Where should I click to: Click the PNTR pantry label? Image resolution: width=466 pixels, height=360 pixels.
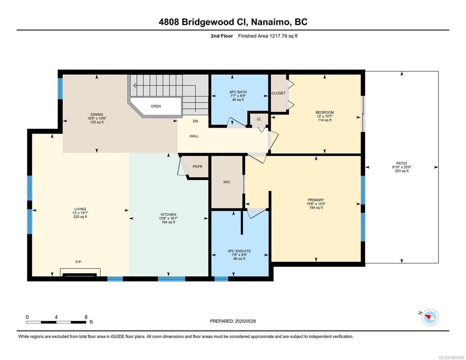tap(197, 166)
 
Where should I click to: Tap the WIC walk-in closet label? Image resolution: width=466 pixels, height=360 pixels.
tap(227, 182)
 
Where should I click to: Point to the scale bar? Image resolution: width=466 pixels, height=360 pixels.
tap(56, 322)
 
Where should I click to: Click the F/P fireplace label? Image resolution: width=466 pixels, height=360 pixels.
tap(78, 262)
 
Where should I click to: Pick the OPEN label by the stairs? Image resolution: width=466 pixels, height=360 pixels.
tap(156, 106)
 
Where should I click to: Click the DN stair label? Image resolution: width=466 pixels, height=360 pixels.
tap(195, 121)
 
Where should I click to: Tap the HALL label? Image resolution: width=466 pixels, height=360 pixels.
tap(194, 136)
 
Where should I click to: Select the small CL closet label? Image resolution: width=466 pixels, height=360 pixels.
tap(259, 119)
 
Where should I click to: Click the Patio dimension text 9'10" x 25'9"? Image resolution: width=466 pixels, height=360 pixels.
tap(402, 167)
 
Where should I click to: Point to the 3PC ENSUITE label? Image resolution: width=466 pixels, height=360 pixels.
tap(239, 251)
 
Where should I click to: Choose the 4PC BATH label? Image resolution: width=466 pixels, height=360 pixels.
tap(238, 92)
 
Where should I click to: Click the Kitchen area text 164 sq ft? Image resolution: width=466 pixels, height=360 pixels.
tap(168, 222)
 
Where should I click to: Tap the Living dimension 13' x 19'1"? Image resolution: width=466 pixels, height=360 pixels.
tap(80, 213)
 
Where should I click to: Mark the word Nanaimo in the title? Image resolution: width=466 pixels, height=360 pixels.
tap(270, 22)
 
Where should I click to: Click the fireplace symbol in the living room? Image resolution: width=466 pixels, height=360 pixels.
tap(80, 272)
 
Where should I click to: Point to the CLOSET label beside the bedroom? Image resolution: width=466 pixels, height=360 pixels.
tap(278, 93)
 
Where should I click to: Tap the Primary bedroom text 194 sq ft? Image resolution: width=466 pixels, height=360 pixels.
tap(316, 208)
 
